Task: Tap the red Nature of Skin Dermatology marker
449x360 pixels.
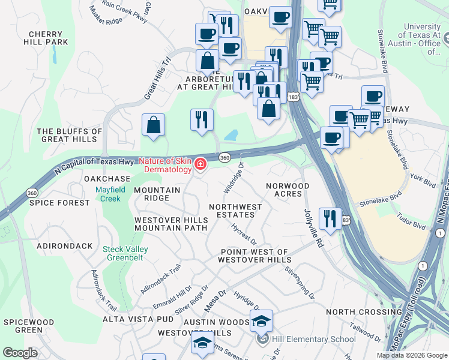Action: [200, 164]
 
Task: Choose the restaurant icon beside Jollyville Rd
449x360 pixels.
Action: [330, 218]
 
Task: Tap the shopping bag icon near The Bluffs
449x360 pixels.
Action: [154, 125]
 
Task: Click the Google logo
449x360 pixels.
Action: [20, 353]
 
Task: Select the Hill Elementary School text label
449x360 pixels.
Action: [313, 339]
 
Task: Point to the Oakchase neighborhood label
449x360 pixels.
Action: [107, 179]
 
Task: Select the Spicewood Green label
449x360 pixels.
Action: [23, 326]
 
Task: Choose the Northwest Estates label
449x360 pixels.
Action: [235, 211]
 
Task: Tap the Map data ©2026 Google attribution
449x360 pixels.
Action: [411, 355]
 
